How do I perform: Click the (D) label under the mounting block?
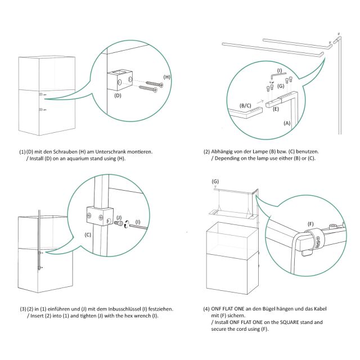(x=118, y=96)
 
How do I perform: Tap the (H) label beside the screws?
(x=166, y=77)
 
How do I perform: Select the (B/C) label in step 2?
(x=245, y=105)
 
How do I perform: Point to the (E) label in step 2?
(x=276, y=109)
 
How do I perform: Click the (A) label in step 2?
(x=287, y=123)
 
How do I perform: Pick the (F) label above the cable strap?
(x=310, y=224)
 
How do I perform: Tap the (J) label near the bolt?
(x=119, y=217)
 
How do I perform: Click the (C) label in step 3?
(x=88, y=235)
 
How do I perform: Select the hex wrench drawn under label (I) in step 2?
(x=277, y=75)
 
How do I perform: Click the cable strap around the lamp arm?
(x=315, y=238)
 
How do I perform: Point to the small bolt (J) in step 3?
(x=119, y=223)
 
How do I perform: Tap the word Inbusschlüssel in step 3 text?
(x=124, y=309)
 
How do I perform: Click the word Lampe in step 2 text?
(x=260, y=151)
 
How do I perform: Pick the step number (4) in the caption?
(x=206, y=309)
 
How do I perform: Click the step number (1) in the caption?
(x=22, y=152)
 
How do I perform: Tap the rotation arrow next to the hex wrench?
(x=126, y=224)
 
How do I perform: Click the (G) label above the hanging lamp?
(x=215, y=181)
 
